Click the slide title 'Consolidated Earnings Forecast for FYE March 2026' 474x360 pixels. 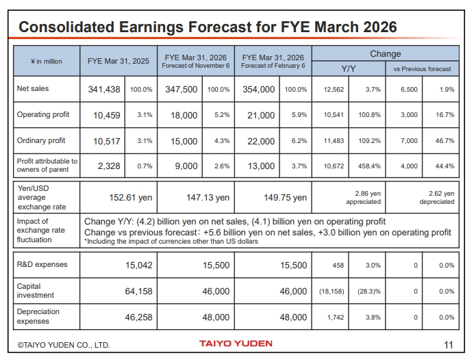coord(208,27)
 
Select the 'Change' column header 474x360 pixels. coord(386,54)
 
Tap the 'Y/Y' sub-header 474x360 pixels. coord(348,68)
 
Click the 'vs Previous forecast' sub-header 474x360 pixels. coord(422,69)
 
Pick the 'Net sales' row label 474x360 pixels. coord(33,89)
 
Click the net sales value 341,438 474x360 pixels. coord(104,90)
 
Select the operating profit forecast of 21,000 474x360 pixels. coord(260,116)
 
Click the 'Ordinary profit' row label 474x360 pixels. coord(41,140)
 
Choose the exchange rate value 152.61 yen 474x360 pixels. coord(130,197)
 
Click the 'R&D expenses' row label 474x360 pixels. coord(40,263)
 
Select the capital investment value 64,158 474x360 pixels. coord(138,292)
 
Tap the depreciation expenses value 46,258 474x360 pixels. coord(138,318)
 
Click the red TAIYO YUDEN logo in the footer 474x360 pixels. coord(236,344)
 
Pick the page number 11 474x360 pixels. coord(449,344)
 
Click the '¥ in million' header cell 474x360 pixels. coord(46,62)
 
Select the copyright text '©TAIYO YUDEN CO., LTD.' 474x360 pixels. coord(63,345)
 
